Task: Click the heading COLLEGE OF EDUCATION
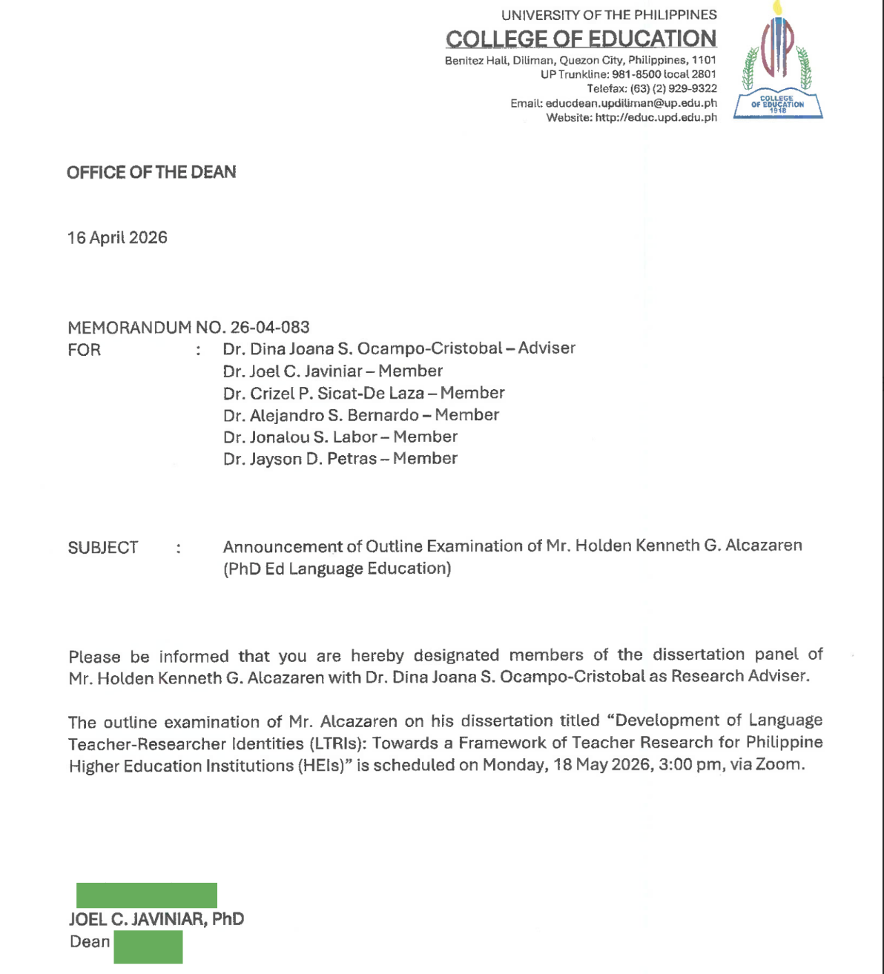pos(581,39)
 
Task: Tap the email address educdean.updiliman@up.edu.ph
pos(631,103)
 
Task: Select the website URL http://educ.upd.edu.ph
pos(656,117)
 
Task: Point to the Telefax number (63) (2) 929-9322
pos(673,88)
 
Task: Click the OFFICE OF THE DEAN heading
pos(151,172)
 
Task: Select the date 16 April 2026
pos(117,238)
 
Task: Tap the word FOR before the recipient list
pos(84,350)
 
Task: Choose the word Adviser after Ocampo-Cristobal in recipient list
pos(547,348)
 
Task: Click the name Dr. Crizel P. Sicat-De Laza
pos(323,393)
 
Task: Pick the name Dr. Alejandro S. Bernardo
pos(321,415)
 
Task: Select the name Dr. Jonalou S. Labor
pos(300,437)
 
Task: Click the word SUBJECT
pos(103,548)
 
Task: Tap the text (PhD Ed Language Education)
pos(337,569)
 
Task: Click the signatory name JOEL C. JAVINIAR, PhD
pos(156,919)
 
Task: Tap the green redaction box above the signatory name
pos(147,895)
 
